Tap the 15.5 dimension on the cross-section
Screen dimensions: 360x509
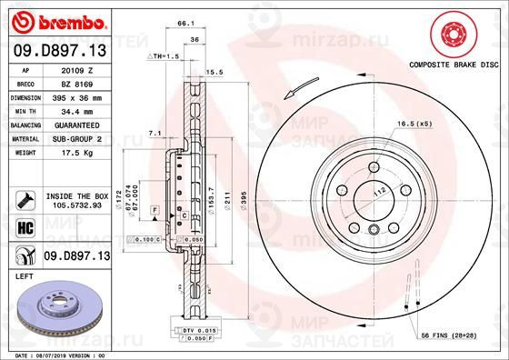tap(215, 71)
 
